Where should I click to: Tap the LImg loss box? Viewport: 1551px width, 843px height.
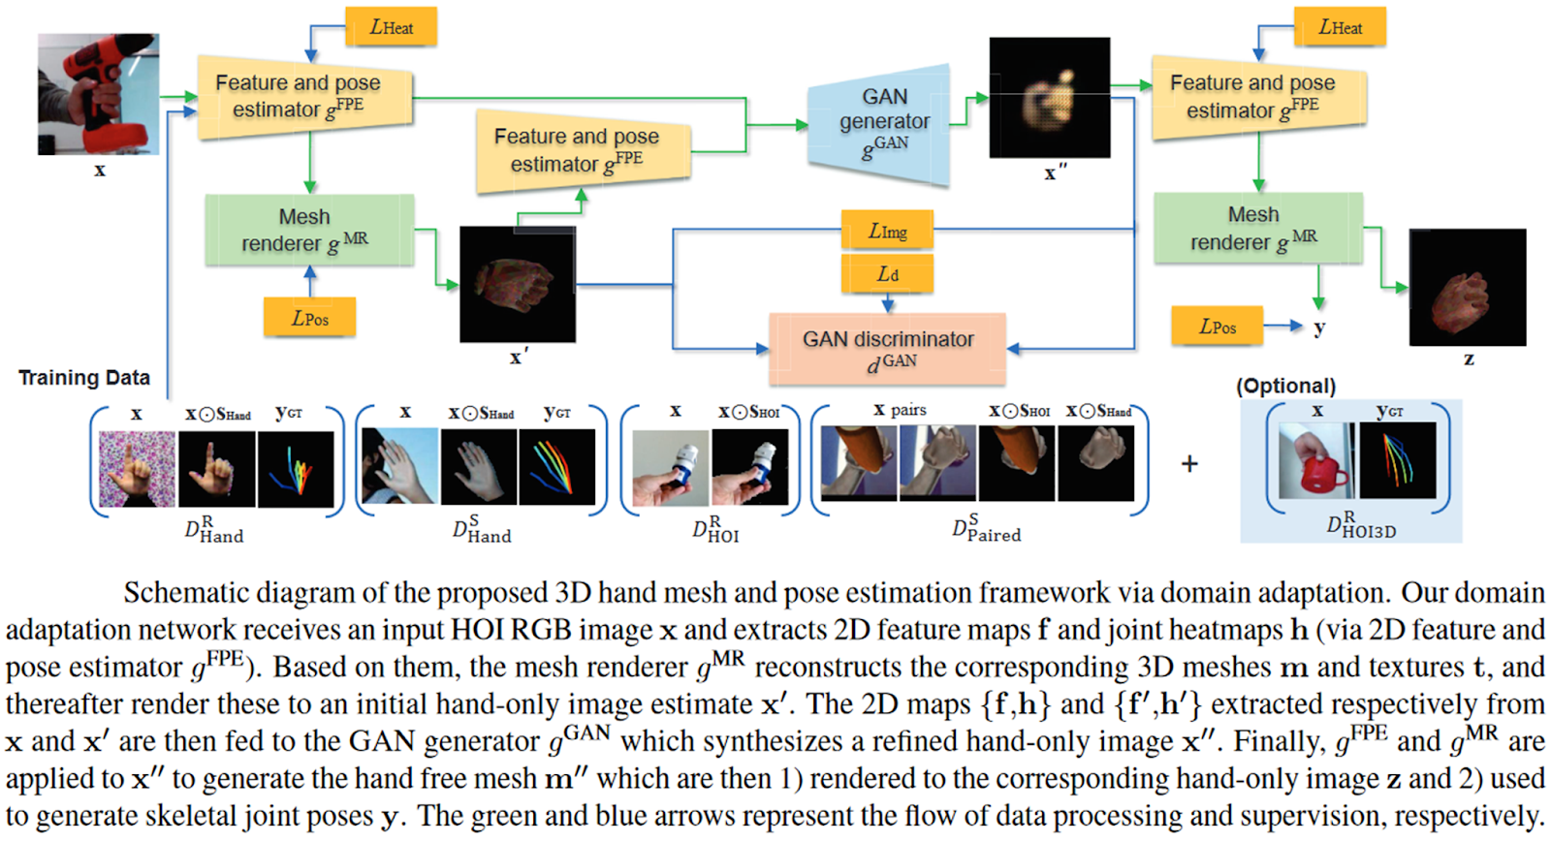887,231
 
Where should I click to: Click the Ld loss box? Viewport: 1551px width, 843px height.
887,274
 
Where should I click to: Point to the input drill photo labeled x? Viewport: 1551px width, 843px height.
98,94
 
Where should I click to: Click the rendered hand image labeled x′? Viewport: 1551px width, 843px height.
517,284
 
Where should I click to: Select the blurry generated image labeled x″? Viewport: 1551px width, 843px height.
1049,97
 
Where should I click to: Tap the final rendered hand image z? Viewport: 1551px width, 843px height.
1467,288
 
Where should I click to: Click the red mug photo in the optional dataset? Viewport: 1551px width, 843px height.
1316,461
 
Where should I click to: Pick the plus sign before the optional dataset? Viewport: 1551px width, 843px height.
1189,464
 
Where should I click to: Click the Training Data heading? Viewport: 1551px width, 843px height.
84,378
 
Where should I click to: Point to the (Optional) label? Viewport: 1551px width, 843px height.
1285,386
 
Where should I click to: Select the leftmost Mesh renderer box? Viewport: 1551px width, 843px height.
309,231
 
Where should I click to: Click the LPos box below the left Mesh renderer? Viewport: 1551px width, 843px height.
309,318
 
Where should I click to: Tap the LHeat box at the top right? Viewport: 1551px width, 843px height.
1340,27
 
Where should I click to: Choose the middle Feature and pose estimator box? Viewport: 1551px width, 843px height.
582,151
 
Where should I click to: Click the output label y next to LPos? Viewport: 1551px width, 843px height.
1319,328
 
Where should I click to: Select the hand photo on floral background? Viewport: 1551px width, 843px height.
137,469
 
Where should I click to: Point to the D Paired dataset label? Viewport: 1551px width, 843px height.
986,529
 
